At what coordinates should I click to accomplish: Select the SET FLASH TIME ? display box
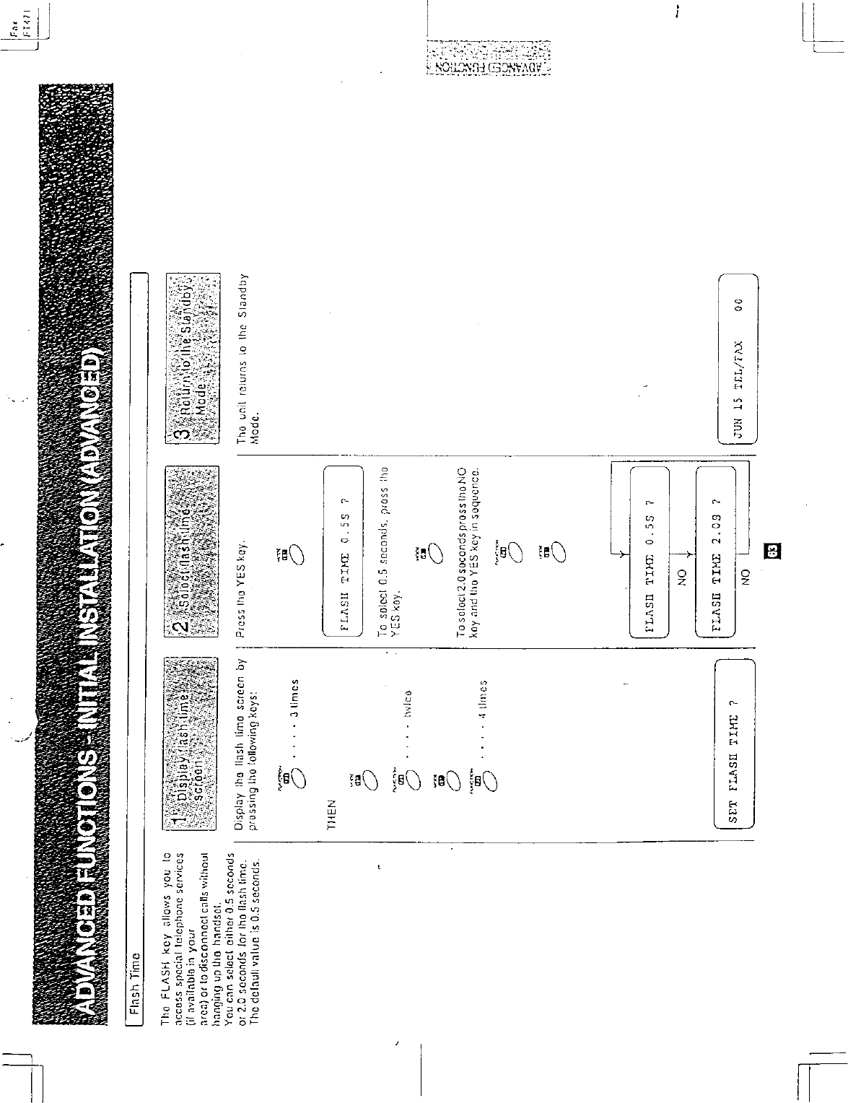coord(734,743)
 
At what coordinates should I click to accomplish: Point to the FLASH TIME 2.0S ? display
coord(716,552)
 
